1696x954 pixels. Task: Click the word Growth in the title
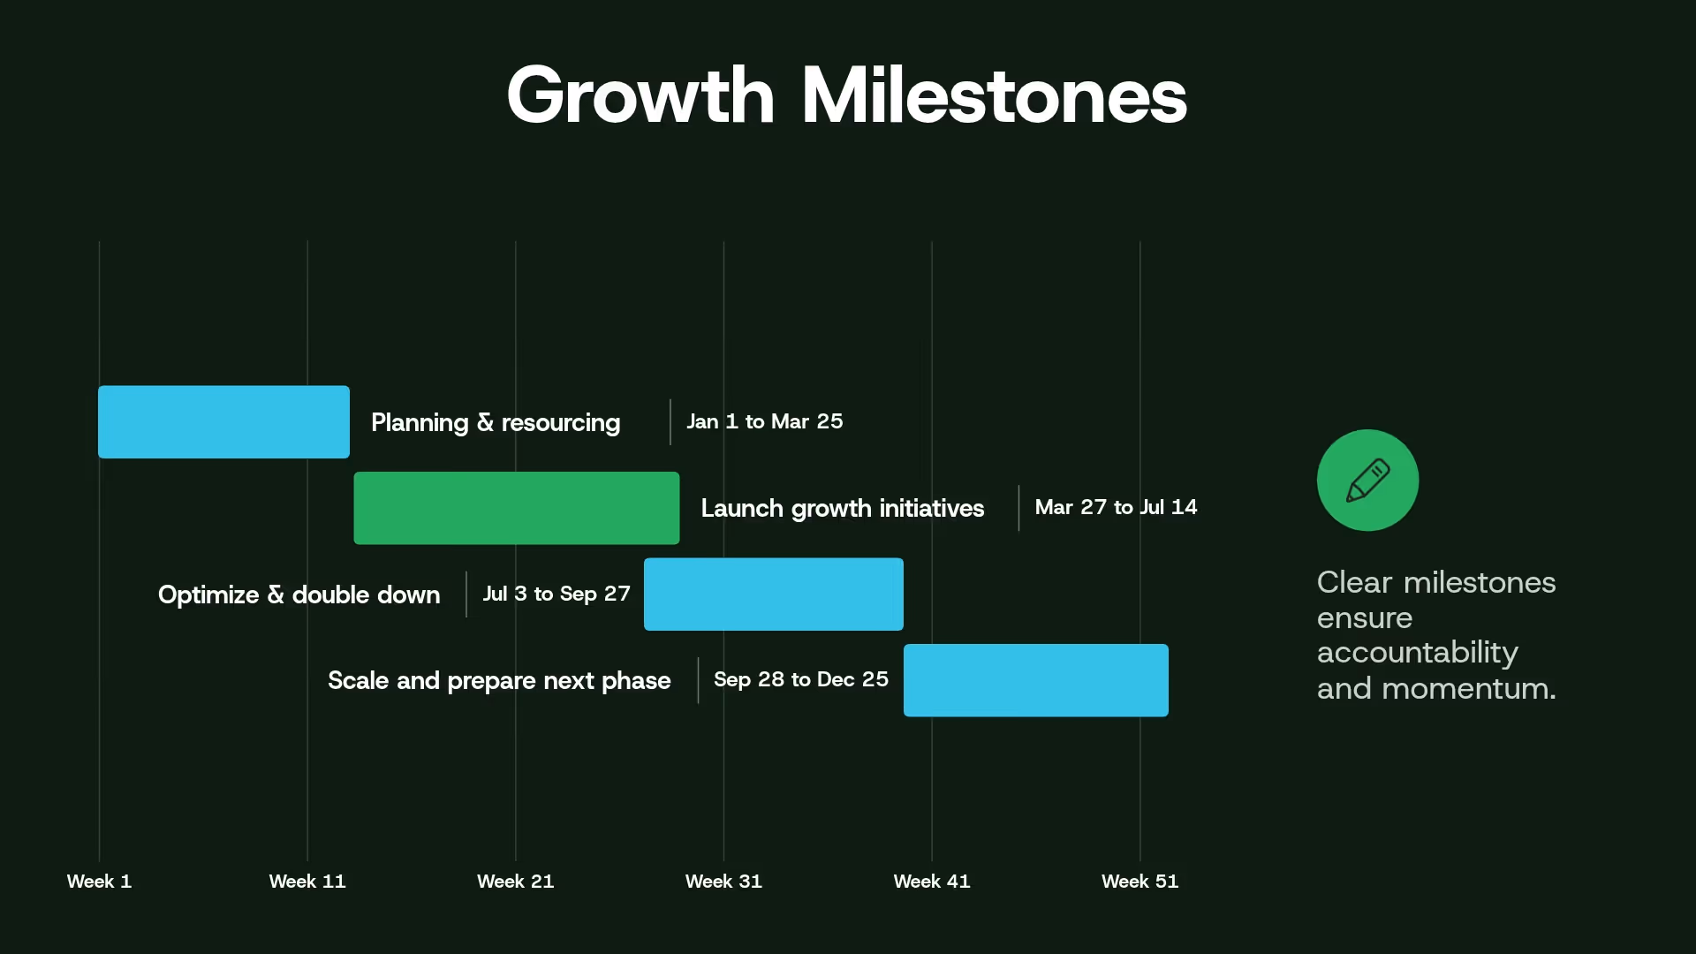[x=640, y=95]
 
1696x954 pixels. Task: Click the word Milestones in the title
[x=994, y=95]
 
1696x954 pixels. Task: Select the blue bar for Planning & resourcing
[x=223, y=421]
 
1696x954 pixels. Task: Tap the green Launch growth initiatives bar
[x=516, y=508]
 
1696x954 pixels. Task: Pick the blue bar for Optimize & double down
[x=773, y=594]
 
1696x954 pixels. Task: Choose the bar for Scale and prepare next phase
[x=1035, y=680]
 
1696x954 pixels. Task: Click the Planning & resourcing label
[x=495, y=422]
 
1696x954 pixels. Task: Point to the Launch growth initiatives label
[x=842, y=508]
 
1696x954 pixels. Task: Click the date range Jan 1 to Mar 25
[x=764, y=421]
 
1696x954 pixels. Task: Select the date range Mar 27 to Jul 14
[x=1116, y=507]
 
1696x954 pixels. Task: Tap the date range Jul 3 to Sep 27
[x=556, y=594]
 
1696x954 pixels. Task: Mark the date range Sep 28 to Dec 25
[x=800, y=679]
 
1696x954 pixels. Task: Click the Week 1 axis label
[x=99, y=881]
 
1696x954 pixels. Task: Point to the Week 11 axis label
[x=307, y=881]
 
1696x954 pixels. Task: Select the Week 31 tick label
[x=723, y=881]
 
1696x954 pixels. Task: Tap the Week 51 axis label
[x=1139, y=881]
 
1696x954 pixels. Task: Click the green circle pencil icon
[x=1367, y=481]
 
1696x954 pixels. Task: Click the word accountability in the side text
[x=1417, y=653]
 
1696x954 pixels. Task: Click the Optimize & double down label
[x=299, y=594]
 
